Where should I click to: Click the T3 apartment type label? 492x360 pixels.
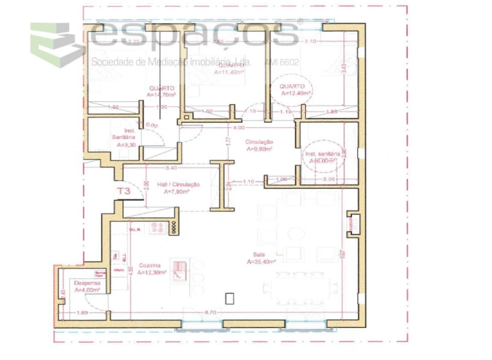(x=124, y=190)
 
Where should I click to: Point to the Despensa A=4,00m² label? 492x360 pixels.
(x=87, y=286)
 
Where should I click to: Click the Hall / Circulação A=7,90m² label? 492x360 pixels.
(x=178, y=187)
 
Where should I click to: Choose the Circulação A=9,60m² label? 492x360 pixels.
(x=259, y=145)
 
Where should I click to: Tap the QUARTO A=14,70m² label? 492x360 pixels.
(x=161, y=90)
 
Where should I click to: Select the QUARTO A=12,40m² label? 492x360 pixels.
(x=295, y=89)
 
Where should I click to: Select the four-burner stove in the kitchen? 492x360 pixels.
(x=159, y=227)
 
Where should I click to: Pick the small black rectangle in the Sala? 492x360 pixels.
(x=230, y=298)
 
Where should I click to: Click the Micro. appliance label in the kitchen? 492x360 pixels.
(x=119, y=269)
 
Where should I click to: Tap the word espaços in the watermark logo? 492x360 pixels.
(x=195, y=35)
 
